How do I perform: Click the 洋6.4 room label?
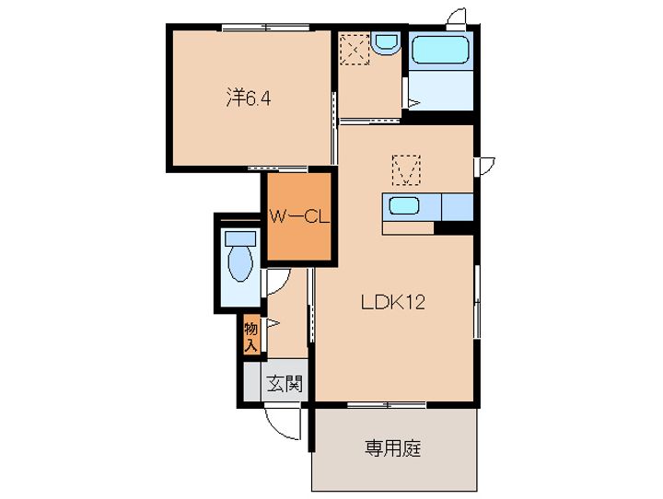[249, 99]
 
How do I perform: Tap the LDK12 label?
[392, 302]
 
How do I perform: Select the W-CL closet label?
[299, 217]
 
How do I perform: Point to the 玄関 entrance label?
[285, 384]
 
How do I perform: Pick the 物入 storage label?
[250, 337]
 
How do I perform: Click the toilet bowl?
[240, 263]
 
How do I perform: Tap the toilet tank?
[240, 238]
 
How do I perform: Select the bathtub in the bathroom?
[440, 50]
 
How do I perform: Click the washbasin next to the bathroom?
[387, 44]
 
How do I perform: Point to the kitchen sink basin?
[404, 206]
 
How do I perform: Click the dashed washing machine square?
[355, 49]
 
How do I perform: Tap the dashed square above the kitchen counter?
[406, 170]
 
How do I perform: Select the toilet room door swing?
[277, 282]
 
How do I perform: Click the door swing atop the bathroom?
[456, 17]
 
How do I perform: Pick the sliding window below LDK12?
[387, 405]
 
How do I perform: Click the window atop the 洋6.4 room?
[265, 28]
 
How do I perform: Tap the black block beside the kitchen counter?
[453, 228]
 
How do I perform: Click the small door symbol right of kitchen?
[484, 166]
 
